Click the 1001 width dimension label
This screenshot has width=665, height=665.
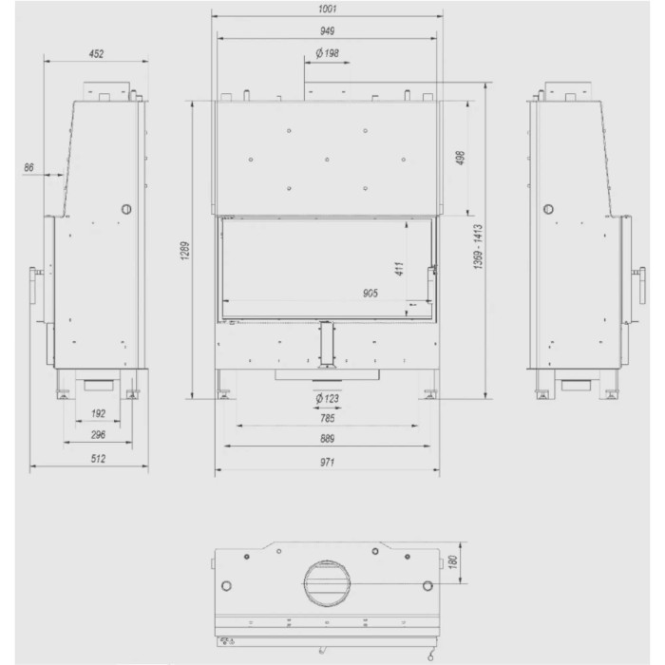click(x=327, y=9)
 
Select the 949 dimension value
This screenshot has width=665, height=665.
click(x=327, y=31)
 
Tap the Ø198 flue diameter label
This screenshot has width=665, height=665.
click(x=327, y=53)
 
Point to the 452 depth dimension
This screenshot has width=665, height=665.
click(x=96, y=54)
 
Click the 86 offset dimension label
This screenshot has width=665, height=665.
click(x=28, y=167)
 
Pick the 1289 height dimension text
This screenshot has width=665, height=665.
click(x=185, y=251)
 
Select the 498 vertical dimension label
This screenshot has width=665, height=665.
click(x=461, y=158)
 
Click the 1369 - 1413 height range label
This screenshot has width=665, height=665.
click(x=478, y=247)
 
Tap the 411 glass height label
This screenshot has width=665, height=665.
click(x=399, y=269)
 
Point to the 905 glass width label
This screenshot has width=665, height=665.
click(x=370, y=293)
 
